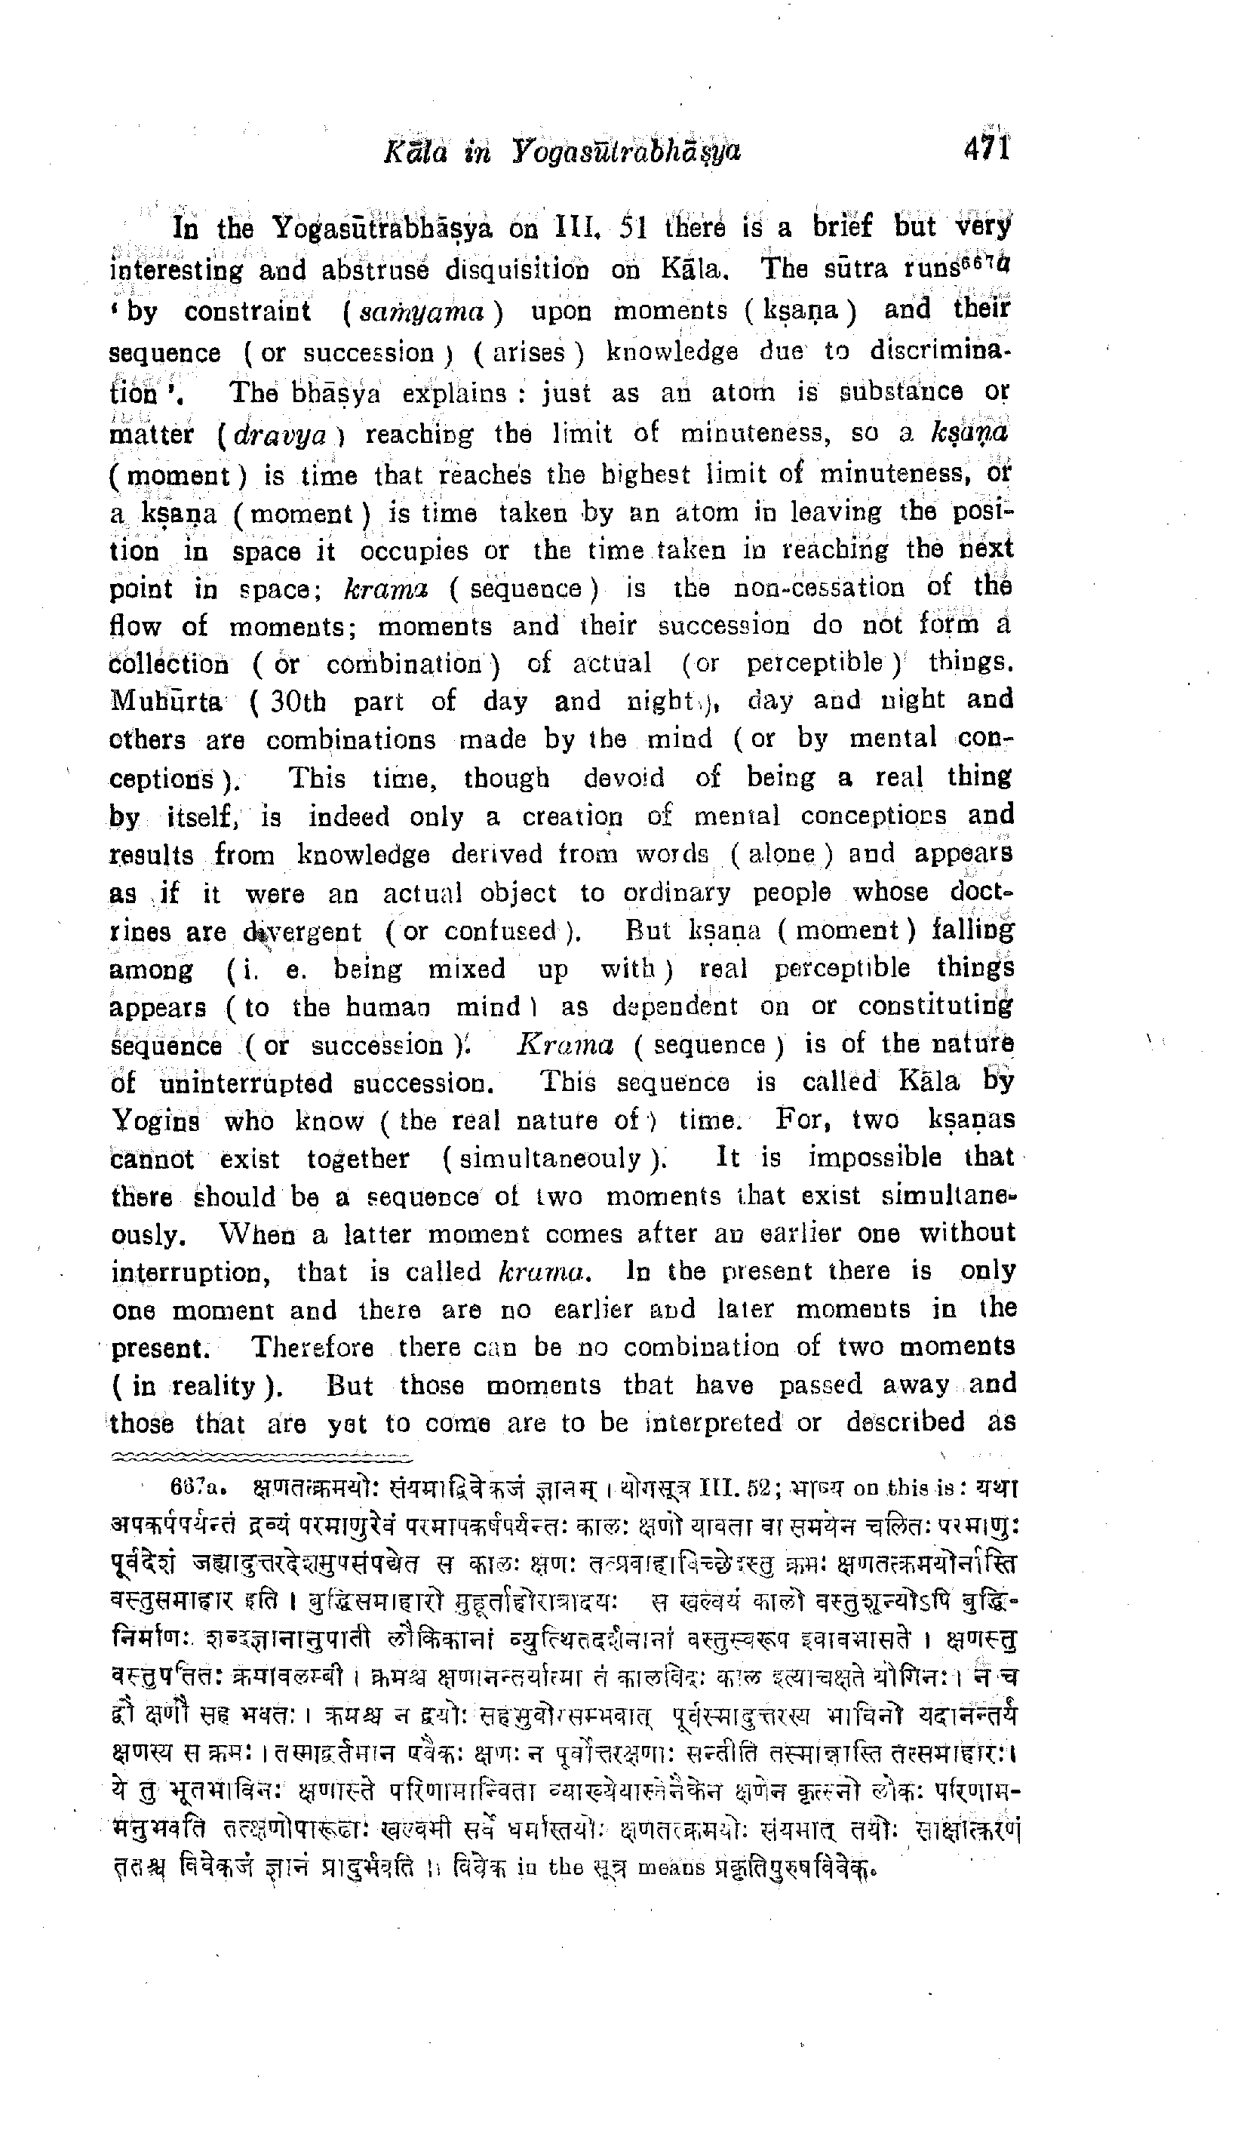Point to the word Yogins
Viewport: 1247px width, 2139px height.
[x=155, y=1121]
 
